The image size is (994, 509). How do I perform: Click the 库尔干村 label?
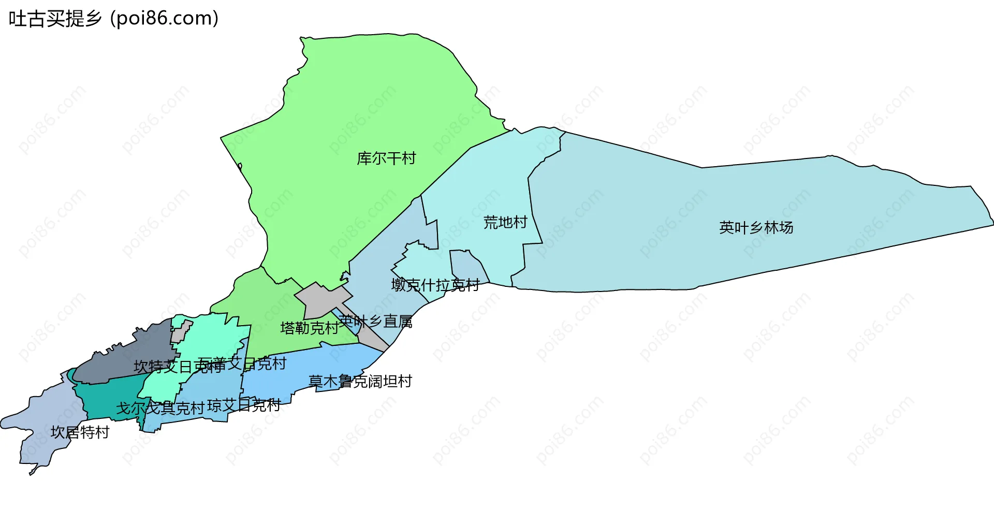point(386,158)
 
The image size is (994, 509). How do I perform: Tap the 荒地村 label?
point(505,223)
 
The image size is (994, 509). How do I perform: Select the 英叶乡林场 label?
point(756,228)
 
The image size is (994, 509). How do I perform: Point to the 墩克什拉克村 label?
point(435,285)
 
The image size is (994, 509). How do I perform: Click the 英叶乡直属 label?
point(376,322)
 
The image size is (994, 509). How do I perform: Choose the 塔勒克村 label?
point(309,328)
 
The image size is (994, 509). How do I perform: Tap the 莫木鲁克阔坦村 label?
point(360,382)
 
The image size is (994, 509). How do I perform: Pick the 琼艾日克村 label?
point(244,405)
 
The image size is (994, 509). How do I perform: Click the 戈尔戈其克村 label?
point(160,409)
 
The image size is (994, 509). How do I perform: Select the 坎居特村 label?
point(80,432)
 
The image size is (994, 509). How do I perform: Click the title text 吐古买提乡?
point(55,19)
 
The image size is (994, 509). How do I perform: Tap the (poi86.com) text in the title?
point(165,19)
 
